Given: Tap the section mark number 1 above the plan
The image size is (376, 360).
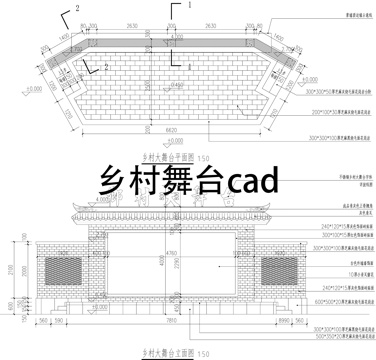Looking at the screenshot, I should coord(186,6).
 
